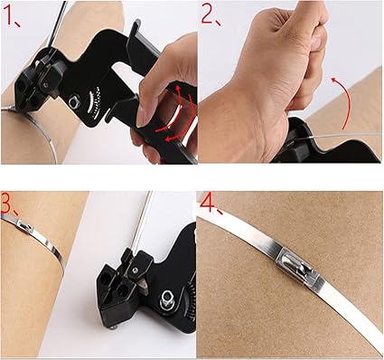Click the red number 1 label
[x=12, y=15]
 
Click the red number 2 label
[x=210, y=14]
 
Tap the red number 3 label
[x=9, y=204]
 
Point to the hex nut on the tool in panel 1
[x=74, y=101]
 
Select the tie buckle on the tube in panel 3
[x=24, y=225]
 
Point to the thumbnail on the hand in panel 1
[x=143, y=116]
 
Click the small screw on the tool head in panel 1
[x=45, y=85]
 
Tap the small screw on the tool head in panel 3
[x=136, y=270]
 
